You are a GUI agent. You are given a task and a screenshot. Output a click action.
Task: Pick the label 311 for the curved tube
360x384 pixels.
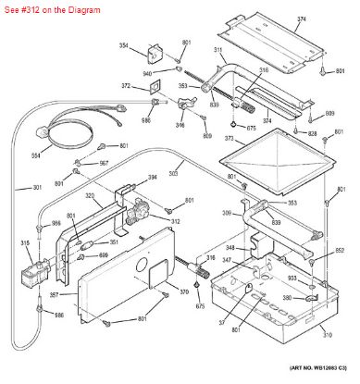pos(219,51)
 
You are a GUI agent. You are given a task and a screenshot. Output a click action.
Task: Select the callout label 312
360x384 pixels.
pos(175,221)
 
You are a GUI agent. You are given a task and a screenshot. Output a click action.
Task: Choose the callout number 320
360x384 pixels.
pos(91,195)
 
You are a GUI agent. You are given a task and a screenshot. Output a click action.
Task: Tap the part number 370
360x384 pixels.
pos(184,292)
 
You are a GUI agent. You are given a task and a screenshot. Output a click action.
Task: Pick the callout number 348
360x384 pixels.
pos(216,248)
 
